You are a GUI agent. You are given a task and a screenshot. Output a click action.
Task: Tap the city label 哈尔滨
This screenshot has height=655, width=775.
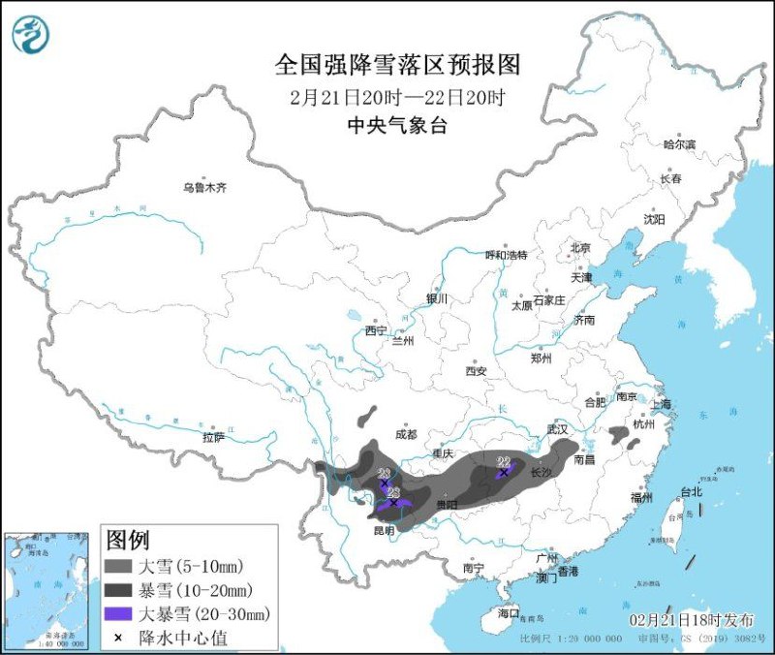point(679,144)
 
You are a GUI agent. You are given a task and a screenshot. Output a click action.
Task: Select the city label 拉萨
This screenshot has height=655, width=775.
point(214,437)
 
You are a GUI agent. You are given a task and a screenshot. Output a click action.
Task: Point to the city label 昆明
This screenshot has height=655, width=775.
point(383,530)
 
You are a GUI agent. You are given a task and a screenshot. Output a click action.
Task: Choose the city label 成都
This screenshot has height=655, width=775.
point(406,435)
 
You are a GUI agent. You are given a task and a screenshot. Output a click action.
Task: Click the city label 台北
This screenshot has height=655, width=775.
point(691,492)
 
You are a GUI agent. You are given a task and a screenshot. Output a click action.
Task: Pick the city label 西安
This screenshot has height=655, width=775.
point(475,371)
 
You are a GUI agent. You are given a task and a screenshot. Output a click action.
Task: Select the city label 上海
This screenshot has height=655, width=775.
point(662,404)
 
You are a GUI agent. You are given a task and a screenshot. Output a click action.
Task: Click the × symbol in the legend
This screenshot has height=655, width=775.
point(118,637)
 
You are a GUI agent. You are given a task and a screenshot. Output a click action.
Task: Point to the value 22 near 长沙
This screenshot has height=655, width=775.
point(503,462)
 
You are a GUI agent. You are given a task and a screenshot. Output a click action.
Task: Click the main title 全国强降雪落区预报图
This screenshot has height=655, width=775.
point(398,65)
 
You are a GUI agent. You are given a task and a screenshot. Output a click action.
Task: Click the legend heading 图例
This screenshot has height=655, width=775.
point(127,538)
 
